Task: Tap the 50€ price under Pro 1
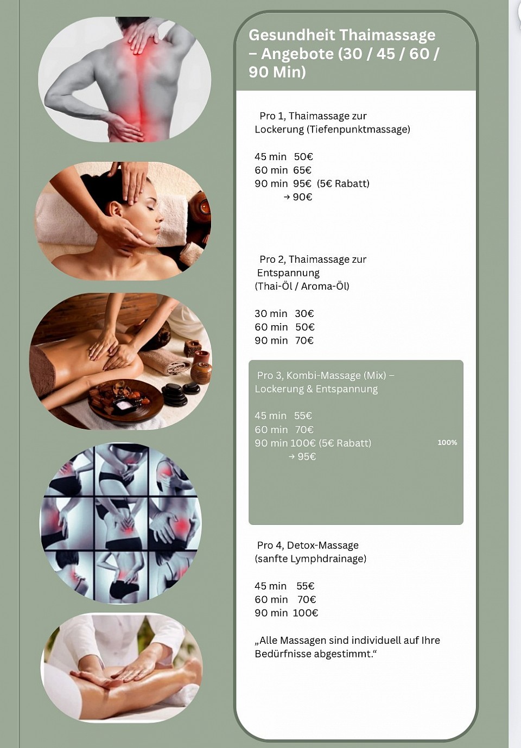(303, 157)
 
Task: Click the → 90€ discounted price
(298, 197)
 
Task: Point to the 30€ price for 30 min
(304, 314)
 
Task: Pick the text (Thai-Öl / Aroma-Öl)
(302, 287)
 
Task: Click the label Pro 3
(270, 376)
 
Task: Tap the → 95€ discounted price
(302, 457)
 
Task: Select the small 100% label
(447, 443)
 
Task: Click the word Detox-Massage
(323, 546)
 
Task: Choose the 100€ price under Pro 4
(306, 613)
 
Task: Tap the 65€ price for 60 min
(302, 170)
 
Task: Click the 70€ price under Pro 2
(304, 340)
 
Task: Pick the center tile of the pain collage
(122, 523)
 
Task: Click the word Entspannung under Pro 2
(288, 273)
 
